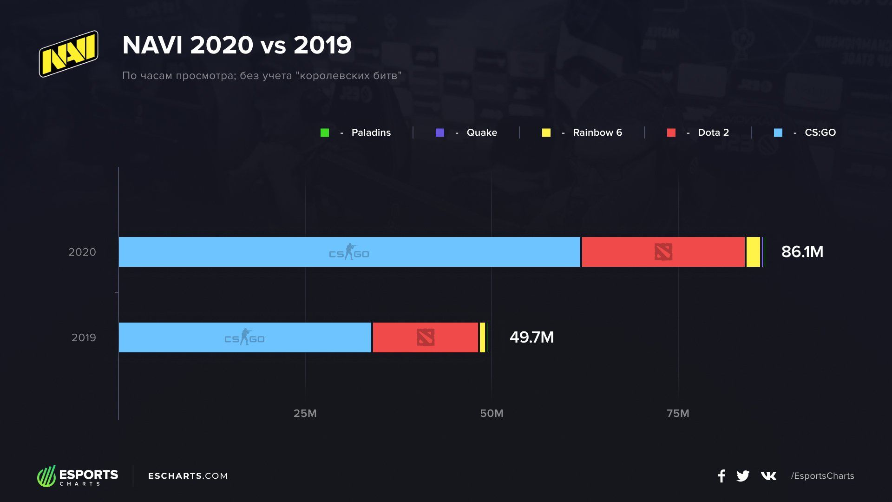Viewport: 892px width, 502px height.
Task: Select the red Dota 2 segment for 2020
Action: click(x=663, y=252)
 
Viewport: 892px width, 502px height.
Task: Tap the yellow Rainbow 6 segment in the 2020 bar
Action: click(x=753, y=252)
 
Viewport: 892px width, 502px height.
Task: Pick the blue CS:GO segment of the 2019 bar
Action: click(x=245, y=337)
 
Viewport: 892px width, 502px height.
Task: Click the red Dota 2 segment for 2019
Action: click(x=425, y=337)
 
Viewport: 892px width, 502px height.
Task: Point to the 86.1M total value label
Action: click(x=802, y=252)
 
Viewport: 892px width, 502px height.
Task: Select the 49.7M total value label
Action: click(x=531, y=337)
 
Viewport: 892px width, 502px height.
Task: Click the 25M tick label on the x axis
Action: click(x=305, y=413)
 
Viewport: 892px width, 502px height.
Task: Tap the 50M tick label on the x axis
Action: click(x=492, y=413)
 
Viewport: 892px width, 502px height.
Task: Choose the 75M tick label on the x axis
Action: click(x=678, y=413)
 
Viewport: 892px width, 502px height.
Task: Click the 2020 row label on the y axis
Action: click(x=82, y=252)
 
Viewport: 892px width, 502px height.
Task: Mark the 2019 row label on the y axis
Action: click(x=84, y=337)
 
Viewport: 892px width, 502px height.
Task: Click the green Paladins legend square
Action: click(x=325, y=133)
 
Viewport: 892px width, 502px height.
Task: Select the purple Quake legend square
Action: click(x=440, y=133)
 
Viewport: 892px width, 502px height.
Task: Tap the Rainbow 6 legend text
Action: click(x=597, y=132)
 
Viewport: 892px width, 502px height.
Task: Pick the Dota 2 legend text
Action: click(x=713, y=132)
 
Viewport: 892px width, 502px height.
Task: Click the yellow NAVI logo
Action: click(x=69, y=54)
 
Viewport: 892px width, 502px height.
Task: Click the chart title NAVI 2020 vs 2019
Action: click(x=237, y=45)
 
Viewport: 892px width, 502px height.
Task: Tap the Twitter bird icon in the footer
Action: click(x=743, y=476)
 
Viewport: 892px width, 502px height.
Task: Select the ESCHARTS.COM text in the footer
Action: click(x=188, y=476)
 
